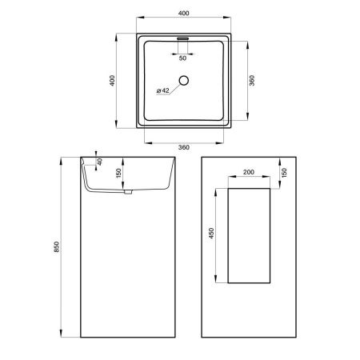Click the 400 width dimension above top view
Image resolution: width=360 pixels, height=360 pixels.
pos(183,13)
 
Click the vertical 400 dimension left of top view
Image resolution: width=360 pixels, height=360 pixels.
pos(112,81)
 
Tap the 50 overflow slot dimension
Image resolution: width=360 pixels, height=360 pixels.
pos(182,58)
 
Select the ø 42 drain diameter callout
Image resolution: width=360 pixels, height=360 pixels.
pos(162,90)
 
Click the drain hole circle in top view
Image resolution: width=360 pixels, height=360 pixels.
pos(184,81)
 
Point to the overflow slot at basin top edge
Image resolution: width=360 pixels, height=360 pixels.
pos(183,38)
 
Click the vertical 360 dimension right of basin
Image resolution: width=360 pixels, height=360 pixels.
pos(252,81)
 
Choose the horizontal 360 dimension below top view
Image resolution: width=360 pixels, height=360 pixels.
pos(184,147)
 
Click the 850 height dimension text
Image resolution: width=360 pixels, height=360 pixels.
pos(57,247)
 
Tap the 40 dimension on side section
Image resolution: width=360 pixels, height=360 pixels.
pos(100,162)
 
